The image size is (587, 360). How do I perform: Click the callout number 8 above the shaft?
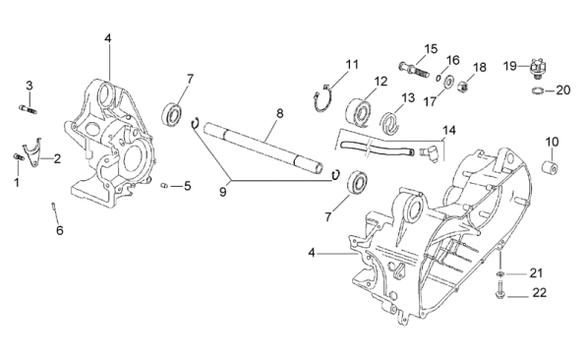279,113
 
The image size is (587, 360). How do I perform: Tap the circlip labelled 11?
323,99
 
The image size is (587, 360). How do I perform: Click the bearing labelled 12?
359,111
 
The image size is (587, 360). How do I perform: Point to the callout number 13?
408,97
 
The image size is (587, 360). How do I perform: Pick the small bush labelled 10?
551,166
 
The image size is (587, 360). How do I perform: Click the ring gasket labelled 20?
538,90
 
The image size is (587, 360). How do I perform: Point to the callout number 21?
536,273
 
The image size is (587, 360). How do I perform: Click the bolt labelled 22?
499,290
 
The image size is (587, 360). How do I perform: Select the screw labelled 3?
29,109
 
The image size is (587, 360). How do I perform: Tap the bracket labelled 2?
32,151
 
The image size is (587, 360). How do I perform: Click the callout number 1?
17,183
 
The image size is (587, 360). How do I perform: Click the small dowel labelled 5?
163,185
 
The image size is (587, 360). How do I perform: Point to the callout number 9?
223,192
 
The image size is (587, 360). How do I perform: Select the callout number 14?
449,130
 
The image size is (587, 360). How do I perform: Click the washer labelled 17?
448,82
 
